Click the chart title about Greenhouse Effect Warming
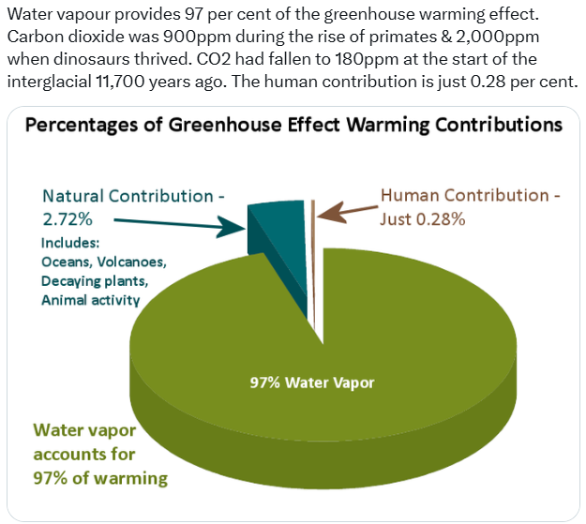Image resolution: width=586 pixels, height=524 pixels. tap(293, 124)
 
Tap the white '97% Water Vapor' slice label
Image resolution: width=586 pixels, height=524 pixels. tap(312, 382)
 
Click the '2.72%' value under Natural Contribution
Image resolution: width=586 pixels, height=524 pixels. tap(68, 219)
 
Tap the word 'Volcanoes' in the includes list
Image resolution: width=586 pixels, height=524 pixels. tap(134, 262)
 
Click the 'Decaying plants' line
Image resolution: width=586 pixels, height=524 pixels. tap(94, 280)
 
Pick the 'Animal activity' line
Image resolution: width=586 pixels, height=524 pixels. tap(91, 300)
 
